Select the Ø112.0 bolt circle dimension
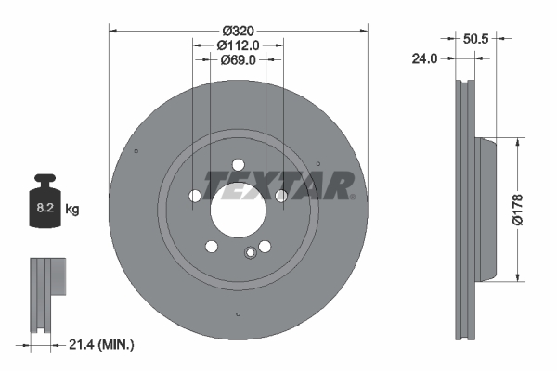click(237, 44)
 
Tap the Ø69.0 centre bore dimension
click(236, 59)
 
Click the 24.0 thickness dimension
click(424, 58)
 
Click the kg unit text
click(72, 210)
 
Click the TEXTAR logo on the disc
click(279, 185)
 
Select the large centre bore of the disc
click(238, 211)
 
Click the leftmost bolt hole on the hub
click(194, 196)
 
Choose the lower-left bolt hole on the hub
click(212, 246)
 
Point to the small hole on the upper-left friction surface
click(136, 152)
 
